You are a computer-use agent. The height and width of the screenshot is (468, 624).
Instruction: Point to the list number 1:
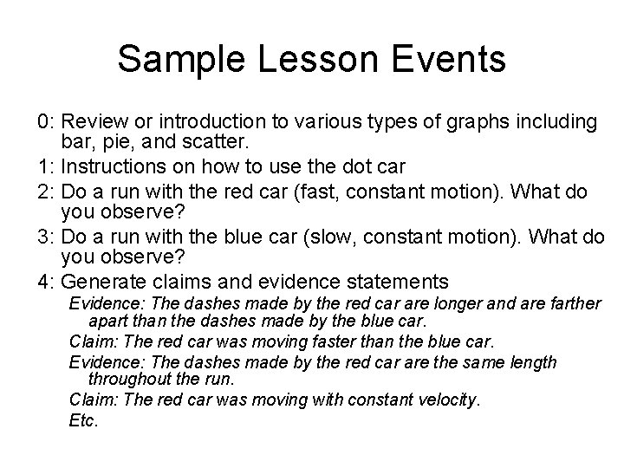tap(47, 162)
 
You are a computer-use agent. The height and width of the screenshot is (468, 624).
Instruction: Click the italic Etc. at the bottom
tap(84, 421)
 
